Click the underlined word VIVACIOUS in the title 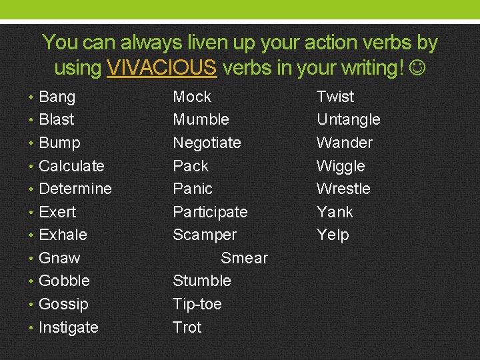[161, 68]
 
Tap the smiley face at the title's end [417, 68]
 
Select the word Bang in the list [57, 97]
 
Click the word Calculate [72, 166]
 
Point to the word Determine [75, 189]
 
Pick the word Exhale [63, 235]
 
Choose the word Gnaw [59, 258]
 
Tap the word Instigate [69, 327]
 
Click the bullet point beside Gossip [33, 305]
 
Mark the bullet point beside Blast [33, 120]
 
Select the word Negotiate [207, 143]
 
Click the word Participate [210, 212]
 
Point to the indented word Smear [244, 258]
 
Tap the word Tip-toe [197, 304]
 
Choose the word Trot [187, 327]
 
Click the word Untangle [348, 120]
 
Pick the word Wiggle [341, 166]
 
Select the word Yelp [333, 235]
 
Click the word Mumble [201, 120]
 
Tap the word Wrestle [343, 189]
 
